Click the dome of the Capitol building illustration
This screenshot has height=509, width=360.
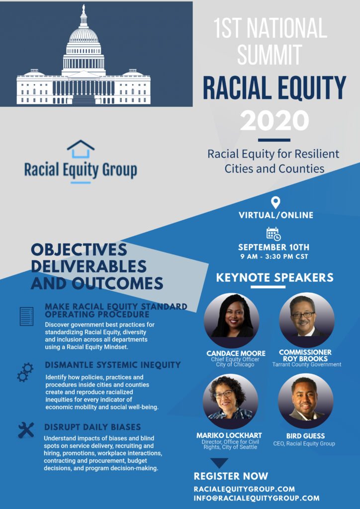point(84,36)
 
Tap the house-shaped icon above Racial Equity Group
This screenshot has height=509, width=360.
point(81,149)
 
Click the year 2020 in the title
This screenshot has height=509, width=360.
point(274,120)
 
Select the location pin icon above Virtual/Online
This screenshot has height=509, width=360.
point(275,203)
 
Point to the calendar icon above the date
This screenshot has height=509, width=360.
point(273,234)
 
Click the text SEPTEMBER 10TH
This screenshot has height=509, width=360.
point(273,248)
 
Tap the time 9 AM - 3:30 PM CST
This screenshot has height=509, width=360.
point(274,256)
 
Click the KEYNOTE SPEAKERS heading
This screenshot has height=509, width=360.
point(274,277)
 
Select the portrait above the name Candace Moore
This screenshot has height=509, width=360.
point(231,320)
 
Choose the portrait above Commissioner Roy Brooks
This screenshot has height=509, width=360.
point(307,320)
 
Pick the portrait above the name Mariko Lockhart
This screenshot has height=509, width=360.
point(231,401)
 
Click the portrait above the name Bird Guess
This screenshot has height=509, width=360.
point(305,401)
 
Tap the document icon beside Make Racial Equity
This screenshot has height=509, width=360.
point(26,317)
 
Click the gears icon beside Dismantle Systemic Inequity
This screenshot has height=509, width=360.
point(25,372)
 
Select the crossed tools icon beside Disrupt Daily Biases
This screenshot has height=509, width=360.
point(26,430)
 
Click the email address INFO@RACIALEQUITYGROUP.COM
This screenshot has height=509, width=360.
point(257,498)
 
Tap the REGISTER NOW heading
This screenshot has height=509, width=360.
point(231,476)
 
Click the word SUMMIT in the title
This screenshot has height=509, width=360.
point(270,54)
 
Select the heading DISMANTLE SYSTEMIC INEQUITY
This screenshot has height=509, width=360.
point(113,365)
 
